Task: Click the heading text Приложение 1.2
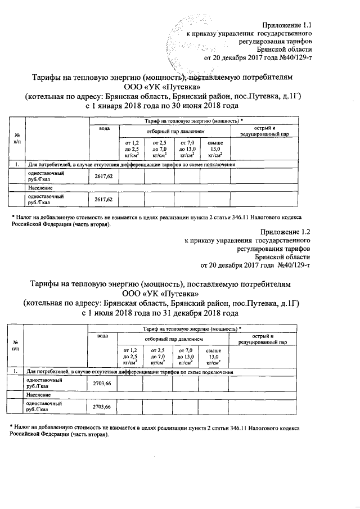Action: tap(286, 231)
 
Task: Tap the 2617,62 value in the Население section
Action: tap(103, 200)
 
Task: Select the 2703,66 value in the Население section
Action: tap(101, 407)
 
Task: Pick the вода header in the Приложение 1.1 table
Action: tap(104, 129)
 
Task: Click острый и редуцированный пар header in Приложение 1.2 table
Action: tap(263, 339)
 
